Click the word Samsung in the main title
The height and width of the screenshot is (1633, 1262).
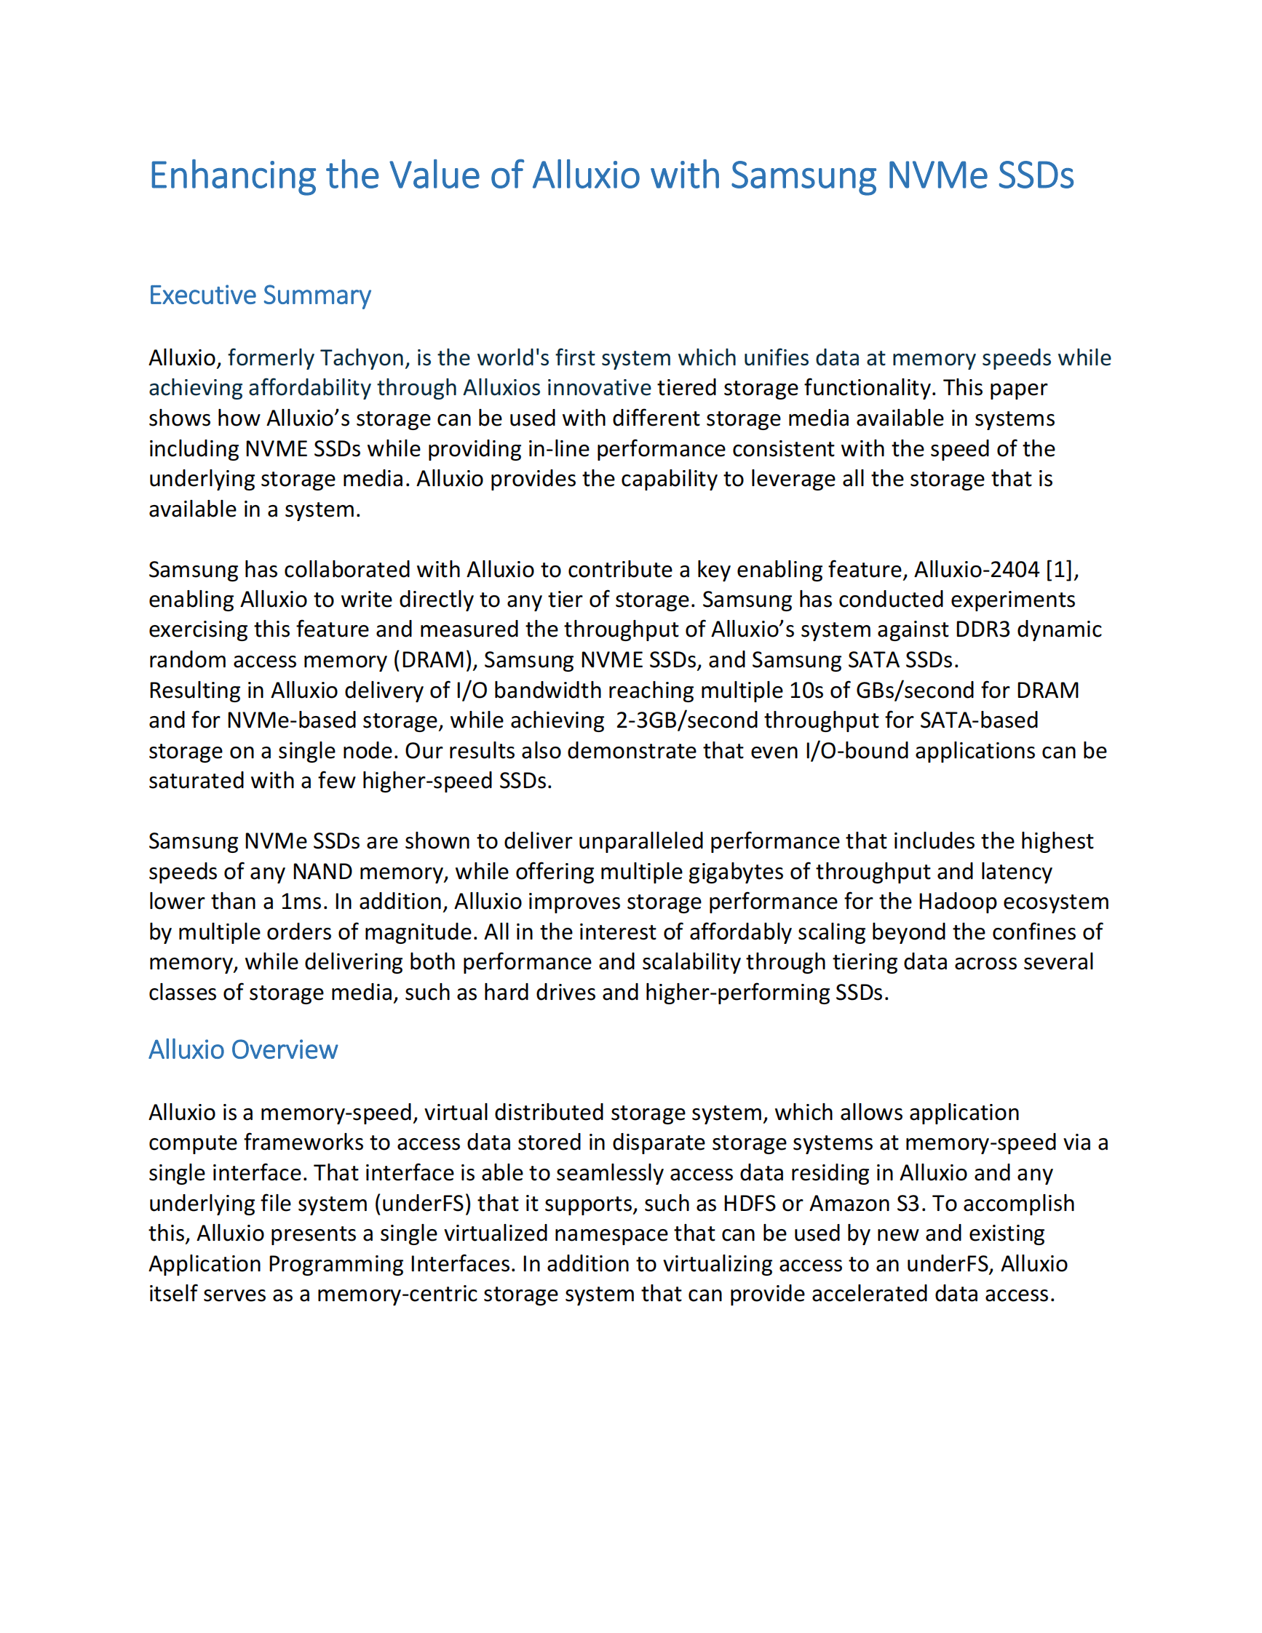803,176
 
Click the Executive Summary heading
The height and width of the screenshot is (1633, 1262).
259,295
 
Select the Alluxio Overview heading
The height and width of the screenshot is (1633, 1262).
243,1050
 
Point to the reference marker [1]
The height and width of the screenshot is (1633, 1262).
1061,570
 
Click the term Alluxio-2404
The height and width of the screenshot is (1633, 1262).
977,570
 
